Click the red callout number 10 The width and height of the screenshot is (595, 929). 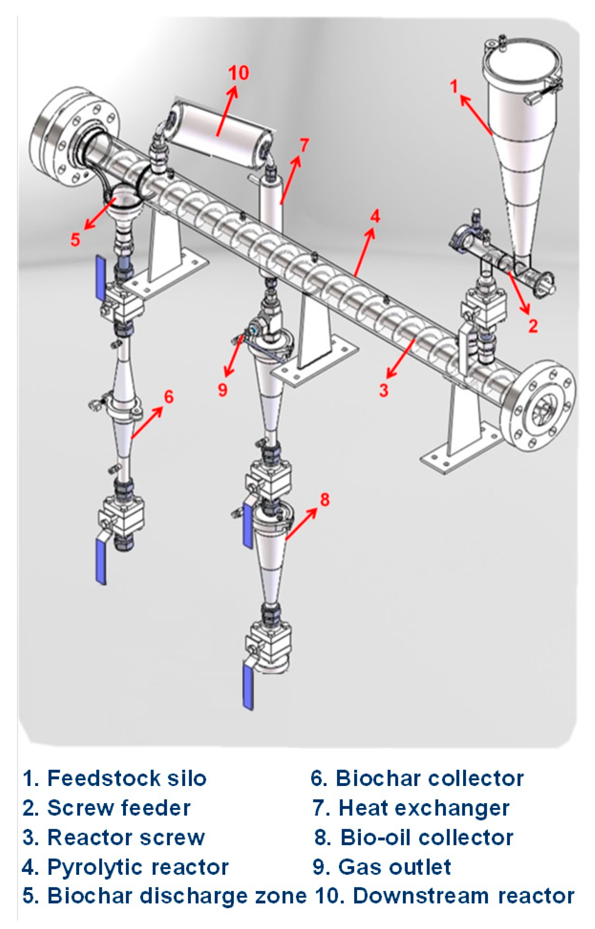click(238, 72)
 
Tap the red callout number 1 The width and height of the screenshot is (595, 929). click(455, 87)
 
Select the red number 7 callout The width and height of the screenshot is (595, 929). click(304, 145)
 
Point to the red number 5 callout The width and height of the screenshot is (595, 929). click(75, 239)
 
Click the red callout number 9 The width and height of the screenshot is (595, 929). click(223, 390)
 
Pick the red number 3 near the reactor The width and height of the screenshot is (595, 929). click(383, 390)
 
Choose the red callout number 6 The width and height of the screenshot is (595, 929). click(169, 397)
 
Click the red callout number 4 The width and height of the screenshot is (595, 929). click(375, 216)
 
